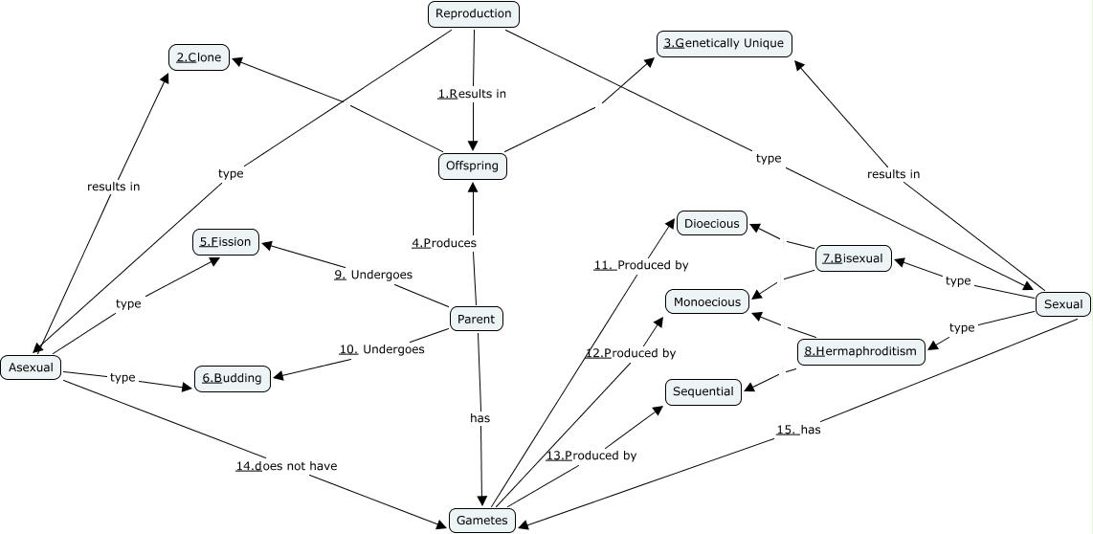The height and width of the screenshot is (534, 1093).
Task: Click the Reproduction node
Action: (473, 13)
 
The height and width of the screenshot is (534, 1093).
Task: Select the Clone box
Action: (199, 57)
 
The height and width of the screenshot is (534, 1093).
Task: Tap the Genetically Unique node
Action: (725, 43)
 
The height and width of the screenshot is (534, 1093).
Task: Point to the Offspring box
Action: (473, 166)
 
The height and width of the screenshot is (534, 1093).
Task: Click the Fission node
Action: (226, 242)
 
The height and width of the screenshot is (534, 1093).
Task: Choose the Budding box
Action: (232, 378)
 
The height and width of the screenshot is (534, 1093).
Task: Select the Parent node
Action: (476, 320)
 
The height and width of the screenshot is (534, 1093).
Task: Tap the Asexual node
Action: (32, 367)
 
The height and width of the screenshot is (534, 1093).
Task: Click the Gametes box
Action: (482, 520)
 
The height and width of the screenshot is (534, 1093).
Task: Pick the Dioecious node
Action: (712, 224)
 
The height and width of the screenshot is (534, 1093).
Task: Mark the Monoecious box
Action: (707, 302)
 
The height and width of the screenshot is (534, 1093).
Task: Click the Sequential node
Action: (703, 391)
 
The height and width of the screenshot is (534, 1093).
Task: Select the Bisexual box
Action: (854, 258)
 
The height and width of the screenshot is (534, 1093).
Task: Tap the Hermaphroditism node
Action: (860, 351)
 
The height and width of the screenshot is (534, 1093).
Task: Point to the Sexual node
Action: (1062, 304)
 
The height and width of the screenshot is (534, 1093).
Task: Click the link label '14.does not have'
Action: (286, 466)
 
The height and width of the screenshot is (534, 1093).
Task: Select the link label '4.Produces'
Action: (444, 243)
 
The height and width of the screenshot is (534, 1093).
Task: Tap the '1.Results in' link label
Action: (472, 94)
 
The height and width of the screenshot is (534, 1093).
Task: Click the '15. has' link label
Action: (798, 430)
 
